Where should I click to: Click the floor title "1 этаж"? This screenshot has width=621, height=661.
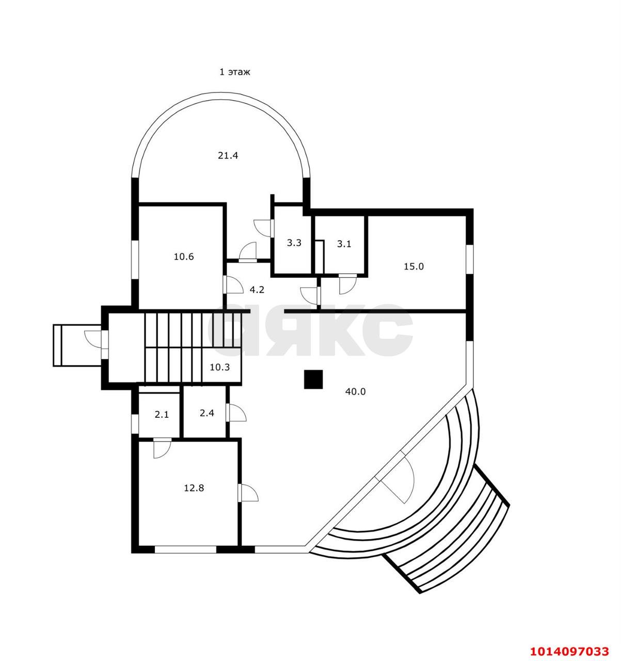click(x=235, y=72)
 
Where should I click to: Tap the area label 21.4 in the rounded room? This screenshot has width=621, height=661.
click(x=228, y=155)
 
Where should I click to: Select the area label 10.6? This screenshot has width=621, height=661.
click(x=183, y=256)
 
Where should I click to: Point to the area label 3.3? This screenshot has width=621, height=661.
click(x=294, y=243)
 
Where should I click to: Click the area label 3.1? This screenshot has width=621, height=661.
click(x=344, y=244)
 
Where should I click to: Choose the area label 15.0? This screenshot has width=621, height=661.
click(x=413, y=266)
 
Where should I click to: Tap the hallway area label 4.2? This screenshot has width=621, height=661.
click(x=257, y=290)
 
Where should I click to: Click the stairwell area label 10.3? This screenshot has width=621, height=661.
click(x=219, y=367)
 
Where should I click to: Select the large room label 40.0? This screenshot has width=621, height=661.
click(x=355, y=391)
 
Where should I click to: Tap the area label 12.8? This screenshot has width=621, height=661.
click(x=194, y=487)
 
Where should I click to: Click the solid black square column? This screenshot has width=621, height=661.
click(x=313, y=380)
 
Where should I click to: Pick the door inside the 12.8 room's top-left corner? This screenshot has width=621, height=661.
click(x=162, y=447)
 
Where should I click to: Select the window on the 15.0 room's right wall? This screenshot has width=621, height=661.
click(x=469, y=259)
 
